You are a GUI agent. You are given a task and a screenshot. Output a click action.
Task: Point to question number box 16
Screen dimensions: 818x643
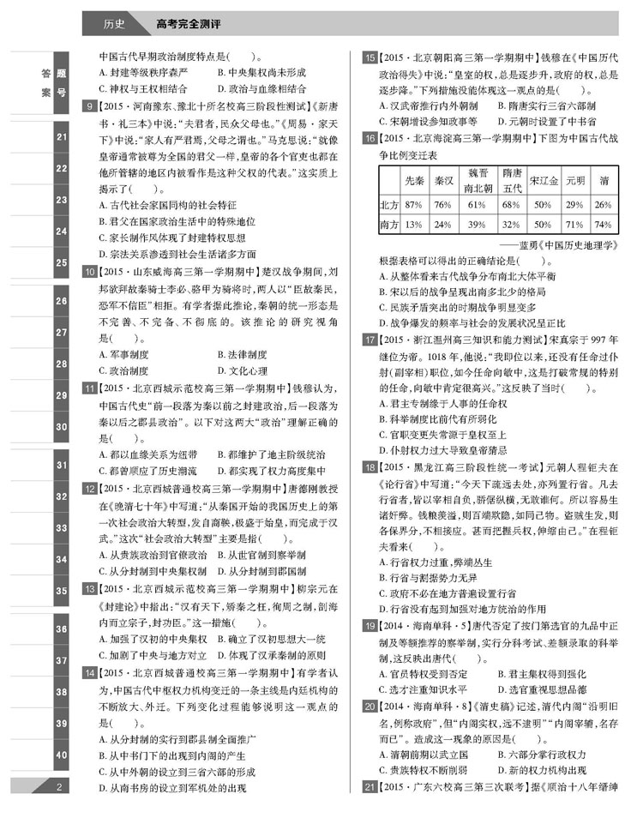tap(370, 138)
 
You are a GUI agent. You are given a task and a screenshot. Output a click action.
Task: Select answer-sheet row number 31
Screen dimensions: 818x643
tap(60, 465)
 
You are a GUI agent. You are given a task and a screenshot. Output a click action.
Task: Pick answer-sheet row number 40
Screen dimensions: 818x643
tap(60, 755)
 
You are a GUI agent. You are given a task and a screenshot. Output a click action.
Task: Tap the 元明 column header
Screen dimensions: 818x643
tap(574, 182)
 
